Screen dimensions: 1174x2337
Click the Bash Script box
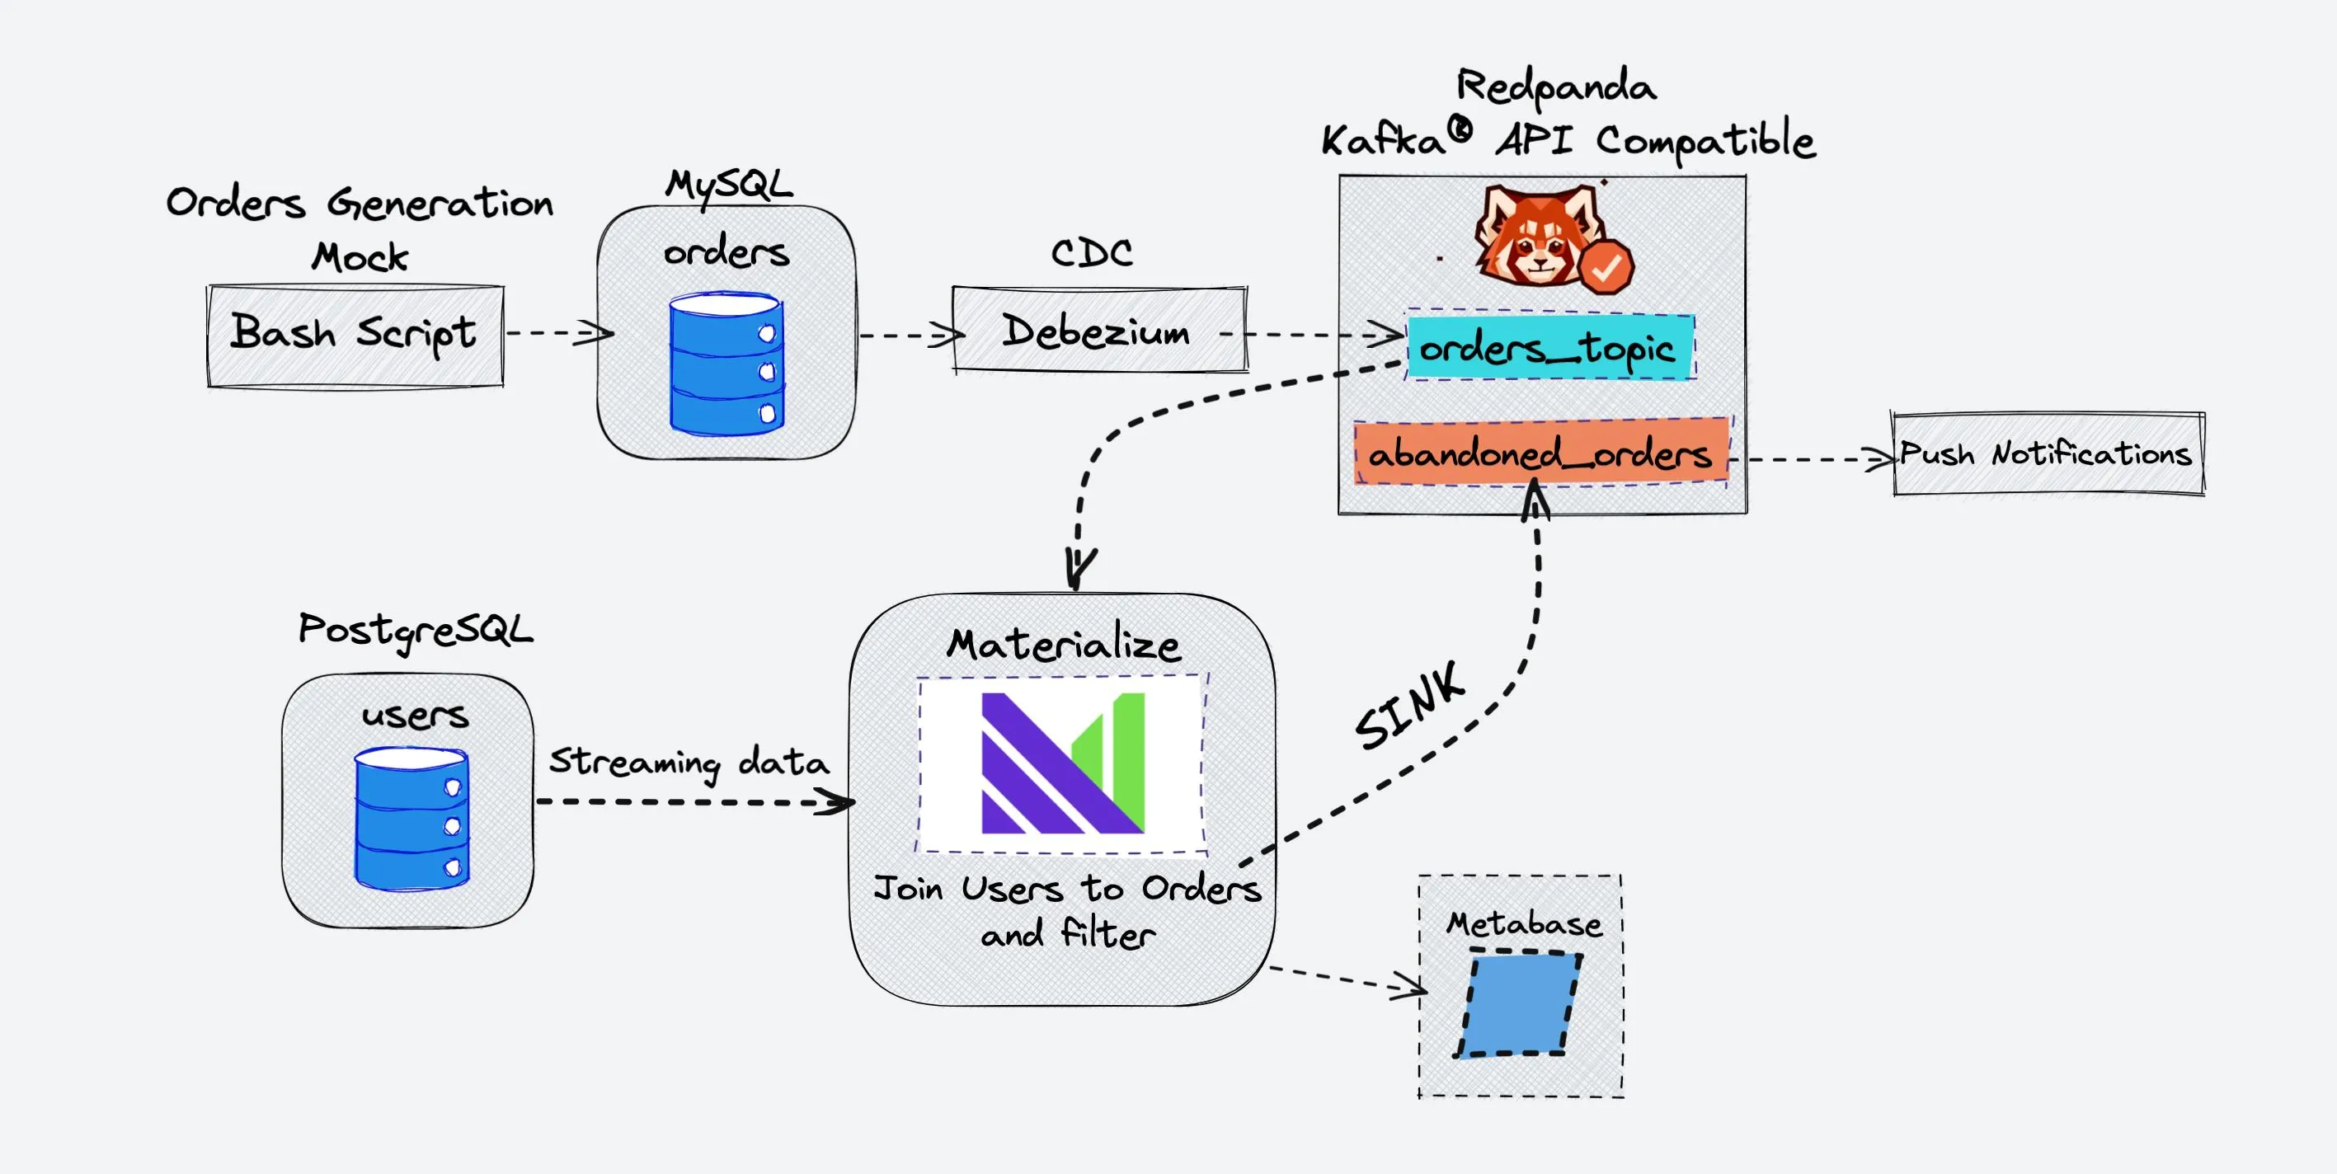click(355, 336)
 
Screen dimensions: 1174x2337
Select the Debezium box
click(1099, 331)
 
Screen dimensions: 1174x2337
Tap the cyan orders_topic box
click(1549, 347)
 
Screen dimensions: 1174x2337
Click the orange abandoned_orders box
click(1540, 452)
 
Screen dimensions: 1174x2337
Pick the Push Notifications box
click(2048, 453)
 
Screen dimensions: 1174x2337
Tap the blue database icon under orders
click(726, 364)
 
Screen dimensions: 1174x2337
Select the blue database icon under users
click(411, 818)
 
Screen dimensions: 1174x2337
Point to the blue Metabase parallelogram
click(1519, 1003)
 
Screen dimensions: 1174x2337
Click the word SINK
click(1409, 706)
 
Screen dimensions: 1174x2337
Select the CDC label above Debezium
click(1091, 252)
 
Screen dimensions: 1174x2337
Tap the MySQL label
click(728, 184)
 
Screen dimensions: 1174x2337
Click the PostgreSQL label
click(416, 630)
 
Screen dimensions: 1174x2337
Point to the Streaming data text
click(689, 762)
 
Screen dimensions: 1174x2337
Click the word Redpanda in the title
click(1556, 87)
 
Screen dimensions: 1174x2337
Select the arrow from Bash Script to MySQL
click(558, 333)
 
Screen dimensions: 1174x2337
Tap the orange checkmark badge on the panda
click(1606, 267)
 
